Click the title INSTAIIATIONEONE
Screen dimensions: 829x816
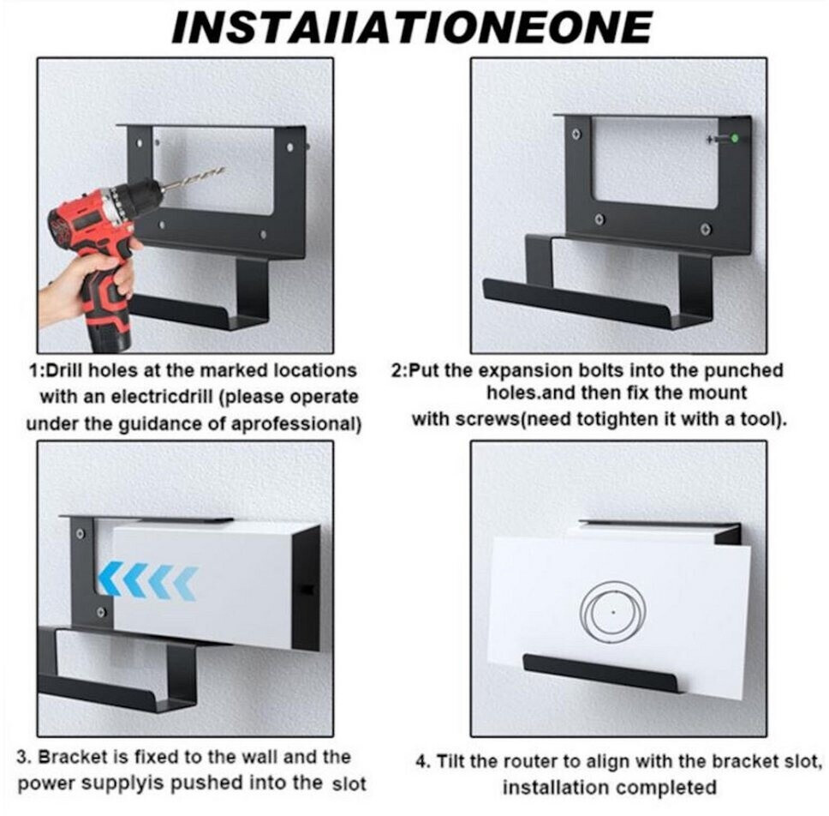(x=413, y=27)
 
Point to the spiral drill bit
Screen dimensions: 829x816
(x=194, y=177)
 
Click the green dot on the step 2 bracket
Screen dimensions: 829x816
(x=734, y=139)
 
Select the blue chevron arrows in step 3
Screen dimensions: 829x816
(x=148, y=581)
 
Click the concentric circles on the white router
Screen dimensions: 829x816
(x=613, y=612)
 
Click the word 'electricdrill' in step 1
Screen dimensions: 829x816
(x=146, y=396)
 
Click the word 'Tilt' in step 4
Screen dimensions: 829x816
(x=450, y=761)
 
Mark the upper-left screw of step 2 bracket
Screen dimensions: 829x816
(x=577, y=134)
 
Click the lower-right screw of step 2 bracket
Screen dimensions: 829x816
(x=705, y=229)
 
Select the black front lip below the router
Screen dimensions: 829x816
(x=601, y=673)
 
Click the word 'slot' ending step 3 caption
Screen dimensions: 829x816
(x=349, y=783)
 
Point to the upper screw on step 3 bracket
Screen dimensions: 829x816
(x=81, y=533)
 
